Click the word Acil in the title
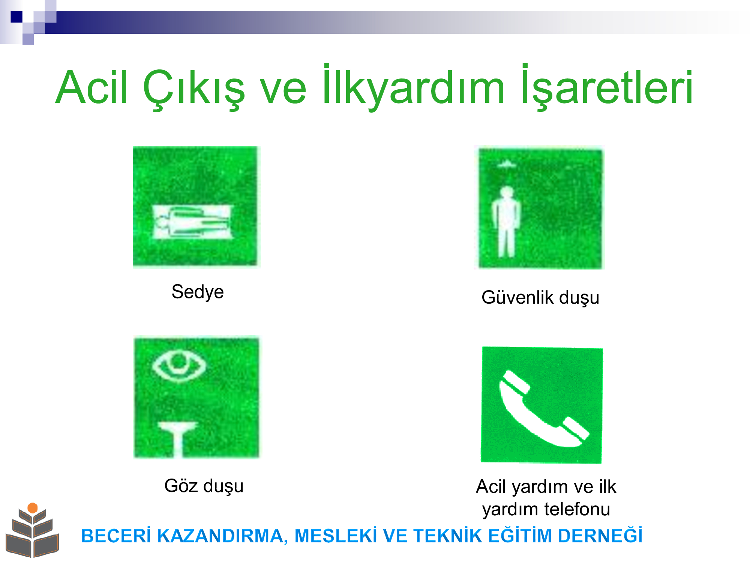pyautogui.click(x=92, y=87)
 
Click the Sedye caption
pyautogui.click(x=198, y=292)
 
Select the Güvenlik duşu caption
pyautogui.click(x=540, y=298)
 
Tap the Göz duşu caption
pyautogui.click(x=204, y=486)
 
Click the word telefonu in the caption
pyautogui.click(x=577, y=509)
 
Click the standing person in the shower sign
pyautogui.click(x=506, y=221)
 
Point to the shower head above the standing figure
pyautogui.click(x=507, y=164)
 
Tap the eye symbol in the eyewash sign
pyautogui.click(x=179, y=365)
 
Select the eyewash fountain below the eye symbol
pyautogui.click(x=178, y=439)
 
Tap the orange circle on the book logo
pyautogui.click(x=33, y=508)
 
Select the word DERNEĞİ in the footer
pyautogui.click(x=600, y=535)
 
